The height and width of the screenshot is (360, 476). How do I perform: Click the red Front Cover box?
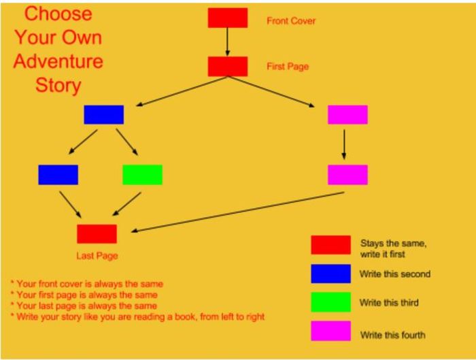coord(228,18)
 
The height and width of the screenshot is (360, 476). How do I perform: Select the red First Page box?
coord(228,67)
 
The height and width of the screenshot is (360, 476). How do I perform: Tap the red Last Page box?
coord(97,234)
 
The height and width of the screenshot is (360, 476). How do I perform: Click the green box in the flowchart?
coord(142,175)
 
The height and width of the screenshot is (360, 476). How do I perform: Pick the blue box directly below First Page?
coord(104,115)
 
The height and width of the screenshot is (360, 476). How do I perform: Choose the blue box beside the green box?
coord(58,175)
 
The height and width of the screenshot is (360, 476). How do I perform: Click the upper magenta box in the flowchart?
coord(348,115)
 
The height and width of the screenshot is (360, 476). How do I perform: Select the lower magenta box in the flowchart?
coord(348,175)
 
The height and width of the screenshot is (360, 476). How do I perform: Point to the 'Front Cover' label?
coord(291,21)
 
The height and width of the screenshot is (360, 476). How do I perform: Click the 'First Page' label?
coord(288,67)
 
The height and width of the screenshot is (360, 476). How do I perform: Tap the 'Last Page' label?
coord(97,256)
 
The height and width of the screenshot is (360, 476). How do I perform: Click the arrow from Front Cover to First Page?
coord(227,42)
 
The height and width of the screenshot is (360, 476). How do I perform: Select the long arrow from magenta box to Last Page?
coord(238,212)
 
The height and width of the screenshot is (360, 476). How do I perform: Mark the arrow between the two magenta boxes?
coord(344,144)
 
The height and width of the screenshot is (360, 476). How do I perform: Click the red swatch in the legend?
coord(331,245)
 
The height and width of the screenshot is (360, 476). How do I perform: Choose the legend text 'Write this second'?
coord(395,274)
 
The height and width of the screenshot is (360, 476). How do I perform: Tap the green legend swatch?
coord(331,302)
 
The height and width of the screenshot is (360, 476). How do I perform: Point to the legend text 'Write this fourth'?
coord(393,335)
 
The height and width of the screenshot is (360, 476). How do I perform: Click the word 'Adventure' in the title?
coord(58,61)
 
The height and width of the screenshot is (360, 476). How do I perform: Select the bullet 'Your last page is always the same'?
coord(84,306)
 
